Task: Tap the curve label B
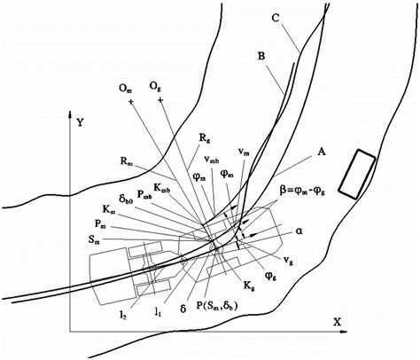click(x=262, y=56)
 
